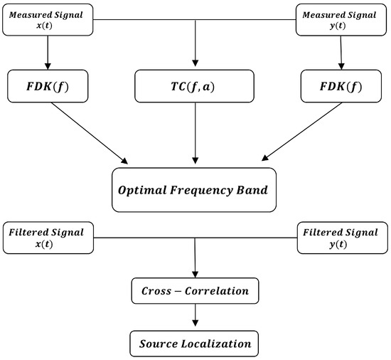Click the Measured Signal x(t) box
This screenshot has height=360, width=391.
coord(48,20)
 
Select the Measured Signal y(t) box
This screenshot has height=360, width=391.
coord(341,20)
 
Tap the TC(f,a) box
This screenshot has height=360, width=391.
coord(194,86)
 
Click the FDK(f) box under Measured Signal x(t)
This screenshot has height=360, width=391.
coord(48,86)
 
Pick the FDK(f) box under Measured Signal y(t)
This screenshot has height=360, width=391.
coord(341,86)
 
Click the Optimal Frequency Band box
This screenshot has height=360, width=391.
coord(194,190)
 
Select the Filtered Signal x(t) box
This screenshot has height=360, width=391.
coord(48,238)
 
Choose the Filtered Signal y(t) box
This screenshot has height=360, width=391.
coord(343,238)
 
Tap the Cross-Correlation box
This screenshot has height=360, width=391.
coord(195,291)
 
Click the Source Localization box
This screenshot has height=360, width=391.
coord(194,344)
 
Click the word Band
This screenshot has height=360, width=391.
coord(252,190)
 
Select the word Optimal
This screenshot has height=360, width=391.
coord(142,191)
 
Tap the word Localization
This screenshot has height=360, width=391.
coord(216,344)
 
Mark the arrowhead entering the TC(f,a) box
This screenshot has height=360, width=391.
coord(195,63)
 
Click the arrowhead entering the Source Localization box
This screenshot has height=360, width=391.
coord(195,323)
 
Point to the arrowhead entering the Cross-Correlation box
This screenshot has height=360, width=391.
coord(195,274)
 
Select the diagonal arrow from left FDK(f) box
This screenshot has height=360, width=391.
coord(90,133)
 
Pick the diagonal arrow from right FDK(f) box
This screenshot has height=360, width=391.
coord(301,132)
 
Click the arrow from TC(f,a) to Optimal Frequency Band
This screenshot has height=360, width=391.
coord(195,133)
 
